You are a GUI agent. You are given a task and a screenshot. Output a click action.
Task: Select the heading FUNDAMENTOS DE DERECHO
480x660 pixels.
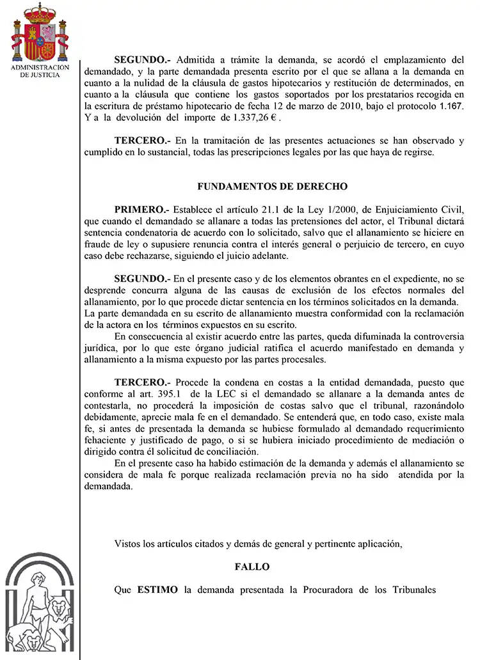pyautogui.click(x=272, y=187)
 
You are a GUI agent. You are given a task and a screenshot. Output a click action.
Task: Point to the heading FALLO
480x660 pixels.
pyautogui.click(x=252, y=567)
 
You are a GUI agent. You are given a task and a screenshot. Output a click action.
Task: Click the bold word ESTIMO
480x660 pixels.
pyautogui.click(x=157, y=590)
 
